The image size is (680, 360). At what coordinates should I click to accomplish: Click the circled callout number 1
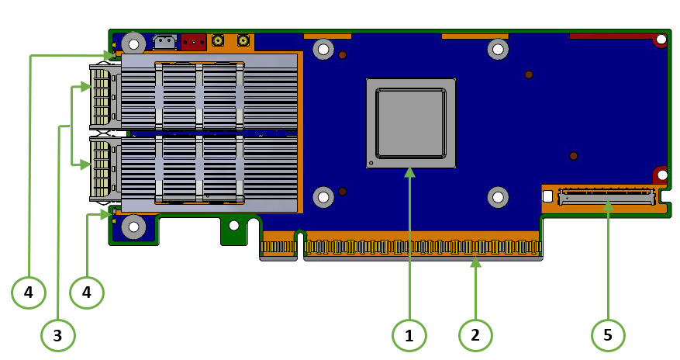(409, 335)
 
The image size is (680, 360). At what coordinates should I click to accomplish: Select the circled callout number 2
(475, 335)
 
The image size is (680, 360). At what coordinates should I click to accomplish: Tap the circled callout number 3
(57, 335)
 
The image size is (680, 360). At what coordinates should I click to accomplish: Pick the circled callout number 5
(608, 335)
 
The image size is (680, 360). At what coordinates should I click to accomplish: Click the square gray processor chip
(410, 123)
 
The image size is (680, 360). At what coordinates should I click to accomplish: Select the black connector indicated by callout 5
(606, 197)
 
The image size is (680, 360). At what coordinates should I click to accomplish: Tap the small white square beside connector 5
(548, 197)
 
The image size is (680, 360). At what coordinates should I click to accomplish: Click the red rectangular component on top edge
(193, 41)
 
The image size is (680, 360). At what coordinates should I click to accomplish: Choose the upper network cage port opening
(101, 97)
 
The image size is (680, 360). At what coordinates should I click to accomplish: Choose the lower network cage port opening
(101, 167)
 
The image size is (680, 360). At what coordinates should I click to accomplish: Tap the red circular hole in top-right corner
(661, 40)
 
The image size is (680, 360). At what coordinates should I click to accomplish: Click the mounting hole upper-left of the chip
(323, 50)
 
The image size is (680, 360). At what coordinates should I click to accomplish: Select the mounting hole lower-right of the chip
(497, 197)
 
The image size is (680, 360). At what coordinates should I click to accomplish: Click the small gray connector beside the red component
(164, 41)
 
